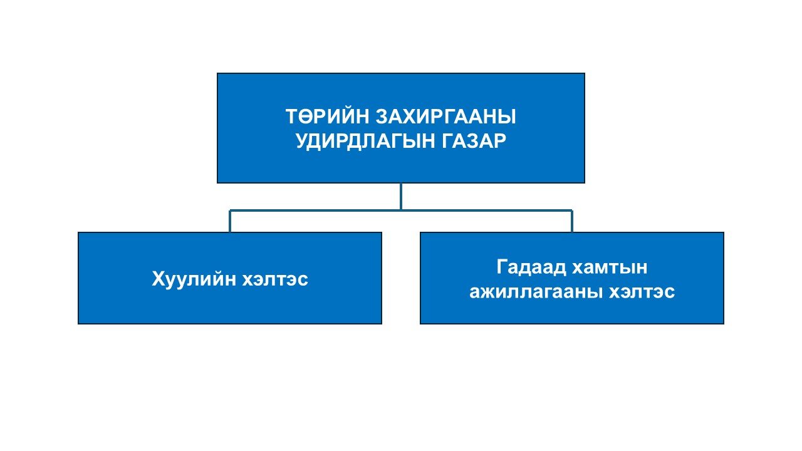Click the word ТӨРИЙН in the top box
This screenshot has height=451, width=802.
point(327,117)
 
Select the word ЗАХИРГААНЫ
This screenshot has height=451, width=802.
point(446,117)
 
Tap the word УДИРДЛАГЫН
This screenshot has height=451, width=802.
point(365,141)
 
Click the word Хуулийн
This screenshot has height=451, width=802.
point(194,279)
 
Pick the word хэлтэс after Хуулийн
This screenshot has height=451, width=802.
point(275,279)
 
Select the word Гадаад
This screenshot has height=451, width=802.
point(531,267)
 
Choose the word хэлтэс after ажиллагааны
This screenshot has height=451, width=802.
point(642,292)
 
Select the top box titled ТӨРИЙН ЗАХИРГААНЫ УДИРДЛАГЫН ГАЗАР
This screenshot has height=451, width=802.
point(401,128)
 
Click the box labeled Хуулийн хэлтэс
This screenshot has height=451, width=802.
point(230,278)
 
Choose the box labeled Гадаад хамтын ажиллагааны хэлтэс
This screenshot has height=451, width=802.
point(572,278)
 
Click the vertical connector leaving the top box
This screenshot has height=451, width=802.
point(401,197)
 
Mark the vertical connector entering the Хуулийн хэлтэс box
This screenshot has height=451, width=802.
point(230,221)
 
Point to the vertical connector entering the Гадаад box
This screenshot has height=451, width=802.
point(572,221)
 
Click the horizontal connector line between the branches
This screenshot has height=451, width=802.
point(401,210)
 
